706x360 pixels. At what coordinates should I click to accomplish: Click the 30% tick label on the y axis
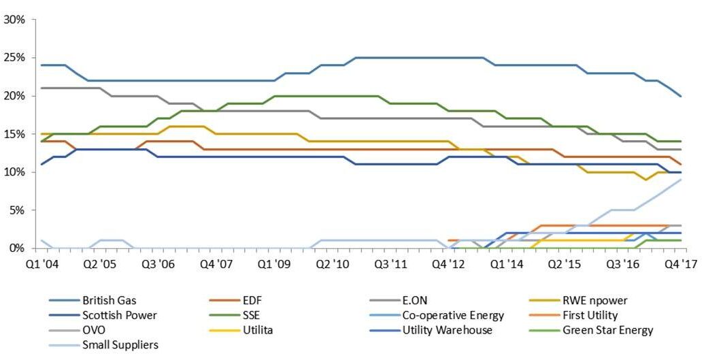point(14,20)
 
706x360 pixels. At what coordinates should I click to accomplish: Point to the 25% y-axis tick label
point(14,58)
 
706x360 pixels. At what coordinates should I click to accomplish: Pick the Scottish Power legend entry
point(119,315)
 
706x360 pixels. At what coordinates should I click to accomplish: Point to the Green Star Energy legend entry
point(605,330)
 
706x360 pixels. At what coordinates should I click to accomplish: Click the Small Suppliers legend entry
point(120,345)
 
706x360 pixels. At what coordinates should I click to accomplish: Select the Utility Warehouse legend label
point(448,330)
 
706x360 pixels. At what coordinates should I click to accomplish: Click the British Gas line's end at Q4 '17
point(681,96)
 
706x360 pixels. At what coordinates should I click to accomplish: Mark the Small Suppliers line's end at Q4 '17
point(681,180)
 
